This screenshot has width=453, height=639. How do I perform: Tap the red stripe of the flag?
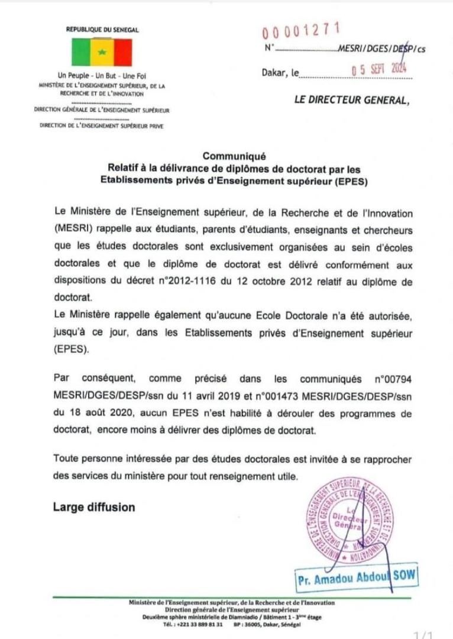click(x=122, y=53)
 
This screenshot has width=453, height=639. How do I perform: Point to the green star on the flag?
click(x=102, y=52)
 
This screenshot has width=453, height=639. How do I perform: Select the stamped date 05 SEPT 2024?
click(x=379, y=70)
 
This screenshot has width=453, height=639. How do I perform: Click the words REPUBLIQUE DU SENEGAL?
click(x=102, y=29)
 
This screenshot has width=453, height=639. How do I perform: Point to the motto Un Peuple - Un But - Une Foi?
click(x=102, y=76)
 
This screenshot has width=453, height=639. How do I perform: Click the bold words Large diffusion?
click(x=94, y=507)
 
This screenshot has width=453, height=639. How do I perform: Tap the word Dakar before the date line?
click(x=273, y=73)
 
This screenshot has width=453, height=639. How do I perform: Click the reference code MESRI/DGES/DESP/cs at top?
click(x=381, y=49)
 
